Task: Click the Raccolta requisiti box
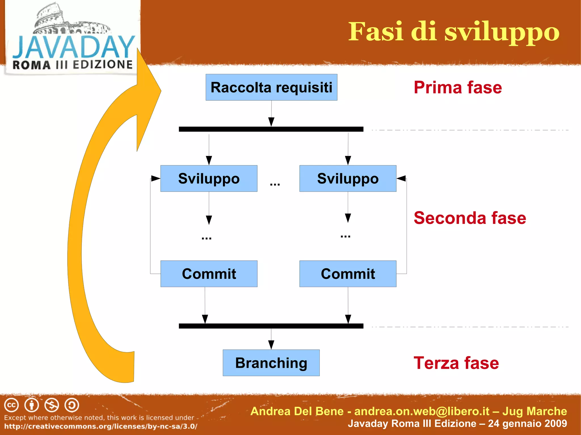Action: pyautogui.click(x=271, y=87)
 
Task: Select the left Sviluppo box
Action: pyautogui.click(x=209, y=179)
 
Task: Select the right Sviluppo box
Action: pyautogui.click(x=348, y=179)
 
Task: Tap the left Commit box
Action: pyautogui.click(x=209, y=274)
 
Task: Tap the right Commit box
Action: pyautogui.click(x=348, y=274)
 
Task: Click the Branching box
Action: pyautogui.click(x=271, y=363)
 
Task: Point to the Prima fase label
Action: pyautogui.click(x=458, y=87)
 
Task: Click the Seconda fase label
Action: pyautogui.click(x=470, y=218)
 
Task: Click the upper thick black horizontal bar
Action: pyautogui.click(x=271, y=129)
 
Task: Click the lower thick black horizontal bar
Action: pyautogui.click(x=271, y=326)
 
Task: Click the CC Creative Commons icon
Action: pyautogui.click(x=11, y=405)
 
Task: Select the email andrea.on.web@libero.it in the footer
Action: pyautogui.click(x=422, y=411)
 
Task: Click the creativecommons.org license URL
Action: pyautogui.click(x=101, y=426)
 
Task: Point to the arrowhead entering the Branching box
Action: pyautogui.click(x=271, y=345)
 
